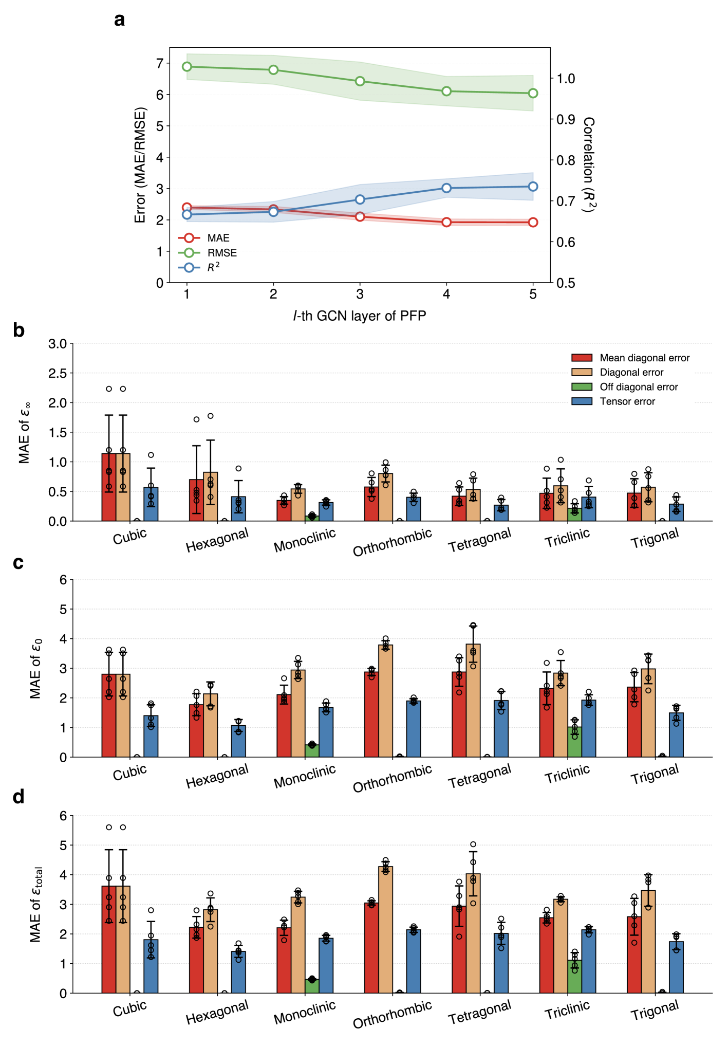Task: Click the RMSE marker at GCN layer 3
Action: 360,81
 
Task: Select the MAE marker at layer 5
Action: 533,222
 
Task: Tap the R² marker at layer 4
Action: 446,188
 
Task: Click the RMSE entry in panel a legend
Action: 221,253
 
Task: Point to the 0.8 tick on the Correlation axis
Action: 566,160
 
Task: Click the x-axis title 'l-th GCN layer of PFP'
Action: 360,316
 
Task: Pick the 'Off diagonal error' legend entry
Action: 639,387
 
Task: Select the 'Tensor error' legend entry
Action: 627,401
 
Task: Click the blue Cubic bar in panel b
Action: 151,504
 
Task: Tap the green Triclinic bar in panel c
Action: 574,742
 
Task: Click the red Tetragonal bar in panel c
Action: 459,714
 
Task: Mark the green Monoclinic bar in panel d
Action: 312,986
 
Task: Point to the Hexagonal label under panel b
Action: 217,540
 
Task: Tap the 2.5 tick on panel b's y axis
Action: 58,373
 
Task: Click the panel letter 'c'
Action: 18,563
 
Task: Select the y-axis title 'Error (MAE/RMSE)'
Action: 140,164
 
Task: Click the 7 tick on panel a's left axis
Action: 160,63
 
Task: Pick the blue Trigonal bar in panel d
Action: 676,967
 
